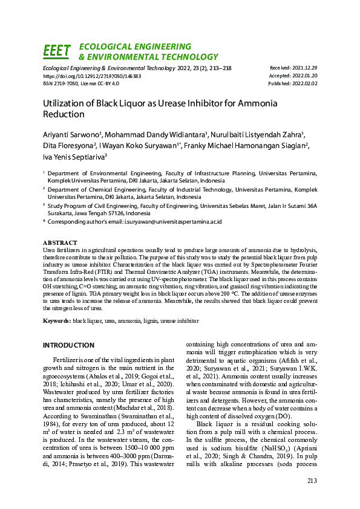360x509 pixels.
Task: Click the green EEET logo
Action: tap(57, 51)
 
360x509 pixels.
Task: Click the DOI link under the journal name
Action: tap(92, 76)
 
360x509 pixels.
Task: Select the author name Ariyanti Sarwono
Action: tap(78, 135)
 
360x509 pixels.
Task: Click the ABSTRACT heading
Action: tap(61, 242)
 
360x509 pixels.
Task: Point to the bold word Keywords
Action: tap(56, 320)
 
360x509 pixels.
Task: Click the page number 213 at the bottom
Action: tap(312, 481)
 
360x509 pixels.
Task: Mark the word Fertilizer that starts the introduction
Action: tap(67, 359)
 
